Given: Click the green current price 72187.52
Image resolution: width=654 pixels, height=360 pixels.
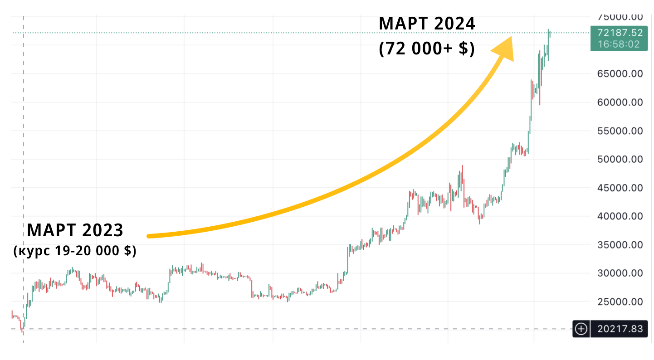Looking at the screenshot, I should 620,33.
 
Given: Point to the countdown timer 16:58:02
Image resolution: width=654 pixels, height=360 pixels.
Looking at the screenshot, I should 620,44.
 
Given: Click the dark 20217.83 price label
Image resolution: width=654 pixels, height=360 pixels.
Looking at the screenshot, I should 620,329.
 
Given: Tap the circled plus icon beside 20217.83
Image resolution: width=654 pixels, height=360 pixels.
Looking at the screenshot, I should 581,329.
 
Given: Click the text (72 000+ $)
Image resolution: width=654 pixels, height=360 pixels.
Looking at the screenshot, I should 427,49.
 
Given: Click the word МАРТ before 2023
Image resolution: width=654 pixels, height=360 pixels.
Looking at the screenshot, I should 50,230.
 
